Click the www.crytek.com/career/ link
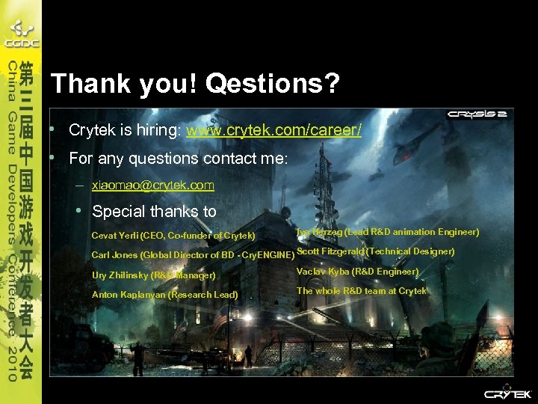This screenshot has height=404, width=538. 273,130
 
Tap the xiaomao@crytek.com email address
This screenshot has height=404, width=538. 152,185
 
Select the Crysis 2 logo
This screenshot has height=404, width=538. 477,114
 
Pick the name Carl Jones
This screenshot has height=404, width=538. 114,255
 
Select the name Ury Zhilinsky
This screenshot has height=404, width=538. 120,275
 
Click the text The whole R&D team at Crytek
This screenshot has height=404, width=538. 362,291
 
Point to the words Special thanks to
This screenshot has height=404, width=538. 154,212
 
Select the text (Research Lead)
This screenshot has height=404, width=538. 203,295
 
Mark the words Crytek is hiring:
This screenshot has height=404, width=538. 126,130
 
